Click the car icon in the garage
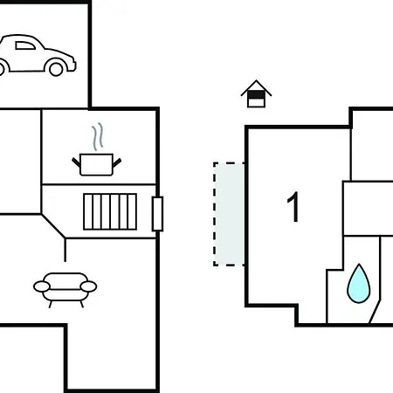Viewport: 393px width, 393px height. [x=37, y=55]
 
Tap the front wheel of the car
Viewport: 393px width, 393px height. [x=56, y=69]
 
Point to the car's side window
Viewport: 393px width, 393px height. [x=25, y=45]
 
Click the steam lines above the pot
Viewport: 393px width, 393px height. [x=98, y=136]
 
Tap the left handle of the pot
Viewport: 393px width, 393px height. [x=76, y=162]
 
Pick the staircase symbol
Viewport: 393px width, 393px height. [x=110, y=211]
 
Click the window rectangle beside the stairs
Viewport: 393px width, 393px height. [x=157, y=214]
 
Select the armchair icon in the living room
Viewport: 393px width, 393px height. [x=65, y=290]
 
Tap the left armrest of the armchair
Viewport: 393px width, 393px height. [x=42, y=286]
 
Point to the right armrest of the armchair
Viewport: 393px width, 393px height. [x=88, y=286]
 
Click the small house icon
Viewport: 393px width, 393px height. [x=256, y=93]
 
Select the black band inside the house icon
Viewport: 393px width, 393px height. [x=256, y=95]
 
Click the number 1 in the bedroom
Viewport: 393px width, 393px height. [x=293, y=207]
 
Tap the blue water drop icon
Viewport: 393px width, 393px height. [x=359, y=283]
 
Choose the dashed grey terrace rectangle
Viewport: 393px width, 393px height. [x=229, y=214]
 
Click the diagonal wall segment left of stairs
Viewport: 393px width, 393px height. [x=53, y=226]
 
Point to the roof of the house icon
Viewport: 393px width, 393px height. [x=256, y=87]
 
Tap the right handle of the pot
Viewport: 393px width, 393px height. [x=117, y=162]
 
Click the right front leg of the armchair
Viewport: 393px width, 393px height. [x=82, y=304]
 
